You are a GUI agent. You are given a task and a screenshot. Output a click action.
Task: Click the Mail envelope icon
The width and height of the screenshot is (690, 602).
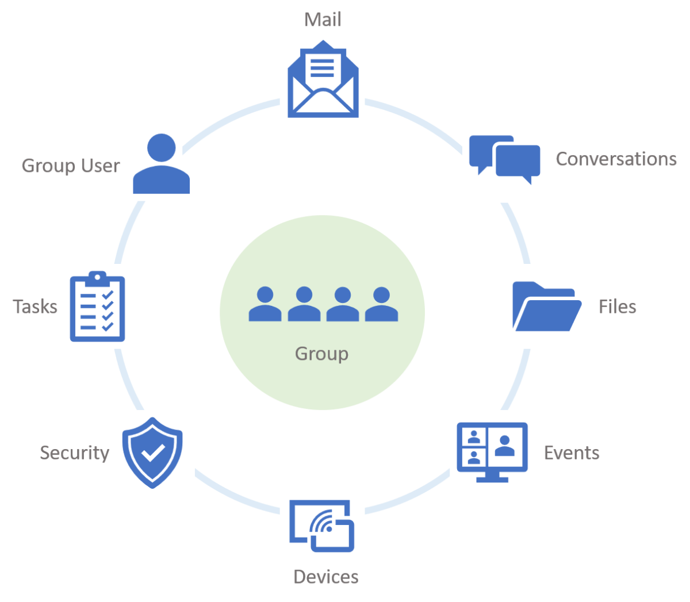(323, 79)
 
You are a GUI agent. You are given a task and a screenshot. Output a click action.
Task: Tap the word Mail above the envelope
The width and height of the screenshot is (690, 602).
(323, 20)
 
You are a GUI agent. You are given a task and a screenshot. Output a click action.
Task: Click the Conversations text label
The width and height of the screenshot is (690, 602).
(616, 159)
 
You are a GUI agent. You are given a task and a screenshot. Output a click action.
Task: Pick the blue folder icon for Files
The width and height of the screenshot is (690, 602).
(546, 306)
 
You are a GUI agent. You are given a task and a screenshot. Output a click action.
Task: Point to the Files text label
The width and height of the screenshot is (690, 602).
(617, 306)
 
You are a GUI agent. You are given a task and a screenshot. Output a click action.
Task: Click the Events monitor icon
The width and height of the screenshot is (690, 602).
(492, 452)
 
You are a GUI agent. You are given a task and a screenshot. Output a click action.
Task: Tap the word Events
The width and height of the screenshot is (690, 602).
(571, 453)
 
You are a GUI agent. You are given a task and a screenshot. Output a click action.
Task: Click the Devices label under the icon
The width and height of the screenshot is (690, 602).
(325, 577)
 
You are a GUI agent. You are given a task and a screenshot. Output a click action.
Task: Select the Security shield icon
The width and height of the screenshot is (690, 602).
(152, 453)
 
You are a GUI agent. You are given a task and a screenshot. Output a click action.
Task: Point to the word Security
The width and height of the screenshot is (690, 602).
(74, 453)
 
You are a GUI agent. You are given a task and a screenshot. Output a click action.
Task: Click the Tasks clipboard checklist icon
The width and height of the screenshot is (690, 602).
(97, 306)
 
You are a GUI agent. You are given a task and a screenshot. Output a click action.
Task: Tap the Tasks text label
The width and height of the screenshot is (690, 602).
(34, 306)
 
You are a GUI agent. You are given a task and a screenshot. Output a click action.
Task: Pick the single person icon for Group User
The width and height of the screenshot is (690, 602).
(162, 164)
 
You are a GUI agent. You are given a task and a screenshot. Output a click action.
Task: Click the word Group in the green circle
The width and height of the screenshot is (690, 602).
(321, 354)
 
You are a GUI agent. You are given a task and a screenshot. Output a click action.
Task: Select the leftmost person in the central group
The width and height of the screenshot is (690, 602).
(265, 304)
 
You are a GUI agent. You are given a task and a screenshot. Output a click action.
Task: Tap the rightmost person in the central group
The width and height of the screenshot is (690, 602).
(381, 304)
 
